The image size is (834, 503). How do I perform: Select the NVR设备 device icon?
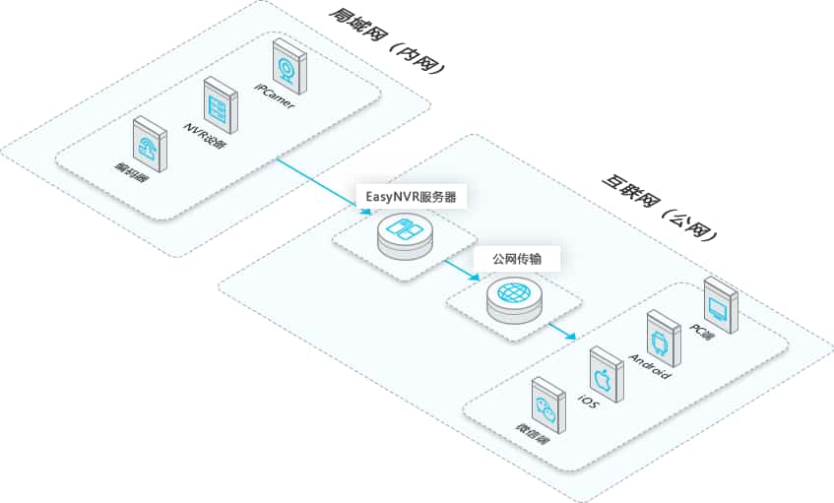(218, 104)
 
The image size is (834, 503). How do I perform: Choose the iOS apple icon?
(604, 374)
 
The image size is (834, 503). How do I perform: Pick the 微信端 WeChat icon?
(546, 407)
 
